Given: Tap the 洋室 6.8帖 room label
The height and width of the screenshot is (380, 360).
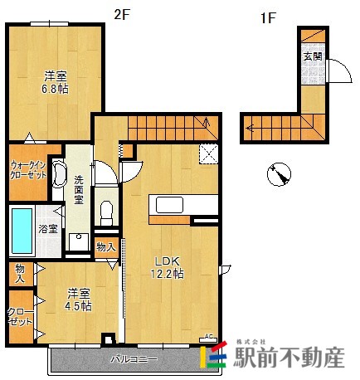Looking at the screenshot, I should [56, 81].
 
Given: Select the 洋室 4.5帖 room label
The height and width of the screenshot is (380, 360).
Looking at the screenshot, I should [80, 299].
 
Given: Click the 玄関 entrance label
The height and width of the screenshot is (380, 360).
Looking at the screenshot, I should [313, 56].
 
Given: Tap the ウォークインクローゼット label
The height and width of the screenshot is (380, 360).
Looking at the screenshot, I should [29, 170].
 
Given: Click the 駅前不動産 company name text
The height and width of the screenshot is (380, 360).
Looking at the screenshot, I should [287, 358].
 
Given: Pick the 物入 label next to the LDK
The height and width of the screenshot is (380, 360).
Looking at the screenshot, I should [105, 246].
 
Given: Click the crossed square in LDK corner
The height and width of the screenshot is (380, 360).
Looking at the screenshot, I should [209, 153].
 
